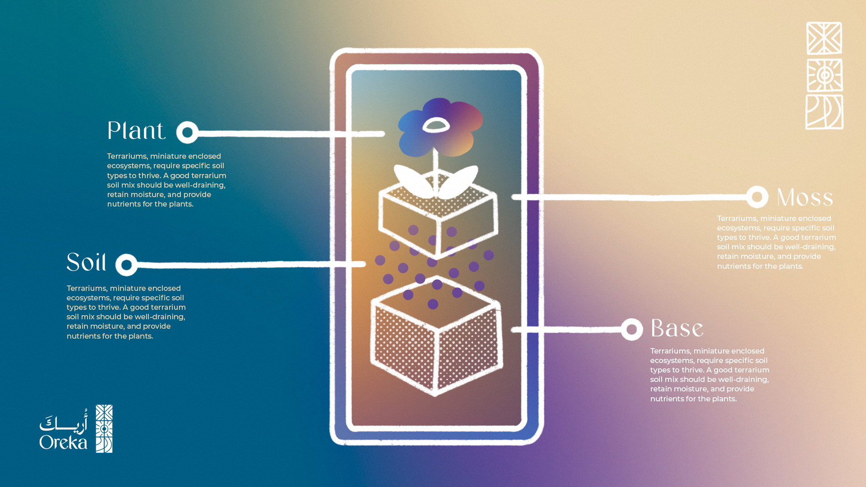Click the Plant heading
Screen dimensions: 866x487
[x=136, y=131]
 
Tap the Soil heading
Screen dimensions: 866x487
[x=87, y=262]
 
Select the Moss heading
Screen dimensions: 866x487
[x=805, y=198]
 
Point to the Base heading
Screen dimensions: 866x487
[x=677, y=328]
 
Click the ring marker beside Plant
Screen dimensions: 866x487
[x=187, y=133]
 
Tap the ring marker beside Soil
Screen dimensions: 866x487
[x=126, y=265]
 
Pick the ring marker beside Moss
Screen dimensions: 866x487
[x=757, y=197]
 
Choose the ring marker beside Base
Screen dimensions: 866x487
[x=631, y=330]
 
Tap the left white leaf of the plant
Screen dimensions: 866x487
[x=411, y=180]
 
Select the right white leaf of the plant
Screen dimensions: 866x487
[x=459, y=181]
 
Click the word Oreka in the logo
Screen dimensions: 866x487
[x=63, y=442]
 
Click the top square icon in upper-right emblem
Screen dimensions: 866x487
[x=824, y=38]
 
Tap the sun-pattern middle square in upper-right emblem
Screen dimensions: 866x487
[x=825, y=75]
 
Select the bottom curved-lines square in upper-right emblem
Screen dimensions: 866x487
[x=825, y=112]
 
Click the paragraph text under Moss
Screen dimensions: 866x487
[x=776, y=242]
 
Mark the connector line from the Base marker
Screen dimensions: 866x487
[x=568, y=330]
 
